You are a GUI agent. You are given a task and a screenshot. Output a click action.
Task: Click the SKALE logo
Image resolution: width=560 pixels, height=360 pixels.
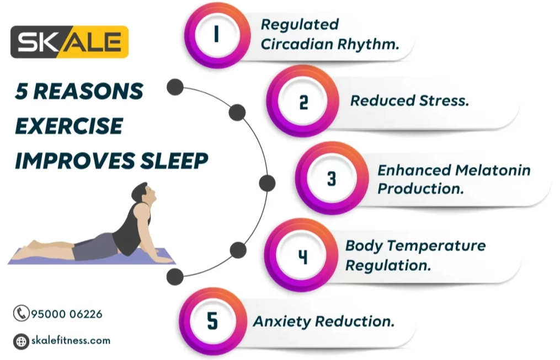70,42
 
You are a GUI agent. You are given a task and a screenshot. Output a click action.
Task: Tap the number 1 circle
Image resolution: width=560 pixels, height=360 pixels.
216,35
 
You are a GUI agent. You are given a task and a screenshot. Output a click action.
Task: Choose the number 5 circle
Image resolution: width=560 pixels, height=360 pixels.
213,321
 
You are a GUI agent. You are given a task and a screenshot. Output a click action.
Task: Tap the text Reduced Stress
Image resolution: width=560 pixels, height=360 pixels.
409,101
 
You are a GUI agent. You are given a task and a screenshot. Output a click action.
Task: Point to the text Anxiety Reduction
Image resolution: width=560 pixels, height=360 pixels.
324,321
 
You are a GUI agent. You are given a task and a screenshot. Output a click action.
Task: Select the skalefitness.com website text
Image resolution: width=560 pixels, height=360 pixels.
71,341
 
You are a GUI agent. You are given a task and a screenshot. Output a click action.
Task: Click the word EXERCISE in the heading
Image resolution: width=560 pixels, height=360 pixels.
69,126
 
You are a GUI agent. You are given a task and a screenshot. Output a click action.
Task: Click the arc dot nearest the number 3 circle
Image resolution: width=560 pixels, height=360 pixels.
267,182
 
